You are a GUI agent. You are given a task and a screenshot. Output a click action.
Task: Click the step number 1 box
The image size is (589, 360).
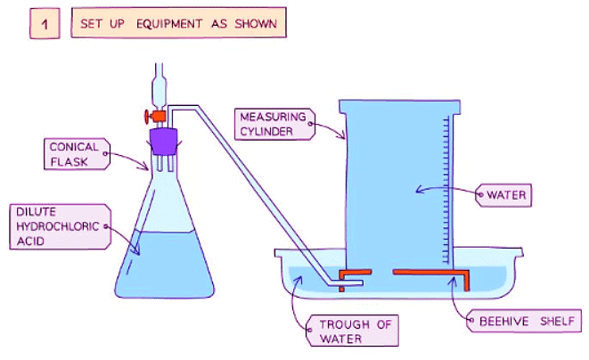pos(45,25)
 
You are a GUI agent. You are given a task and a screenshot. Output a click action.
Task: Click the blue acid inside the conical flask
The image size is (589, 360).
pos(165,263)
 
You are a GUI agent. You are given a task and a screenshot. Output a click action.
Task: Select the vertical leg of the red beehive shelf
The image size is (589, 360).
pos(464,282)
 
